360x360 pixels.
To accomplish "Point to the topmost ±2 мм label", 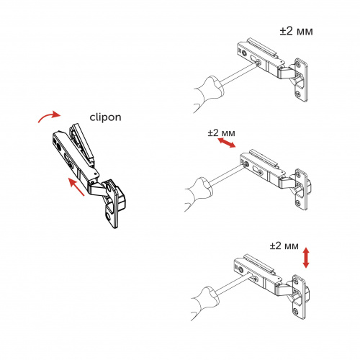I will click(x=297, y=32).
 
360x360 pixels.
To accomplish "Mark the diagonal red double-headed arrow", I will click(x=226, y=145).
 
